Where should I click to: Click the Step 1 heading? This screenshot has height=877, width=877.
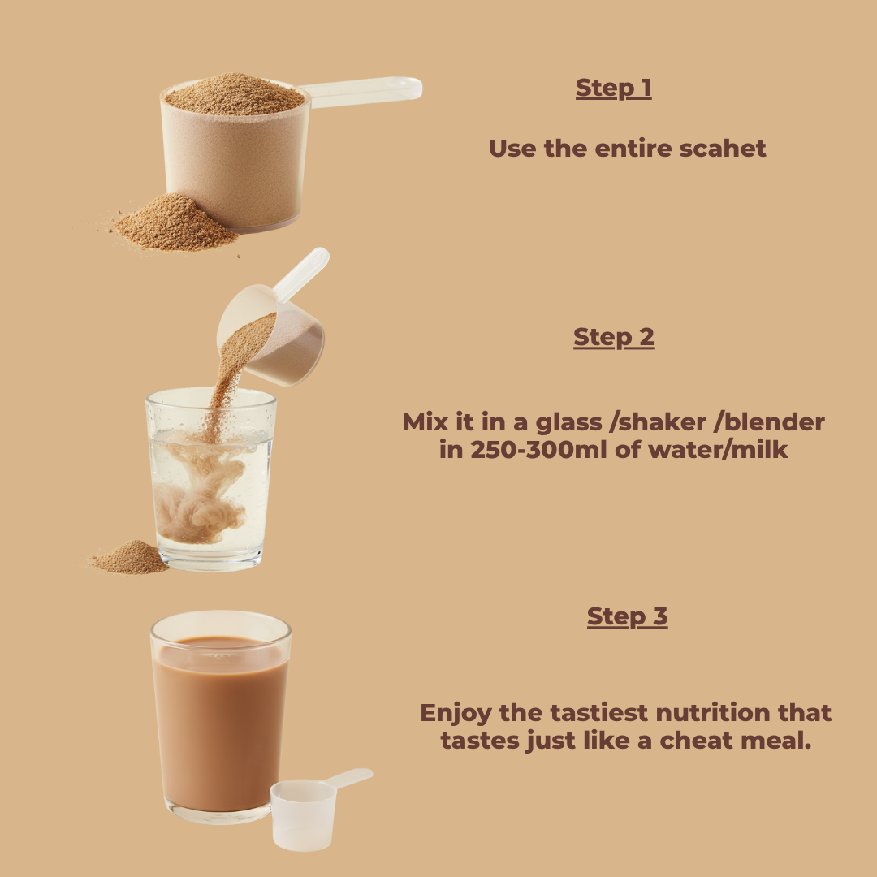(x=614, y=89)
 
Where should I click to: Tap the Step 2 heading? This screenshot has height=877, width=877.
(x=614, y=337)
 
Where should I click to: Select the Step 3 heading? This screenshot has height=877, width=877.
(x=627, y=616)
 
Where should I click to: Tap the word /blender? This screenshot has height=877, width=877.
(x=770, y=422)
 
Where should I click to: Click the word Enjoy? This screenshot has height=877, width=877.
(x=456, y=714)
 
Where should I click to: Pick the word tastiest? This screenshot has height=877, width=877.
(x=599, y=713)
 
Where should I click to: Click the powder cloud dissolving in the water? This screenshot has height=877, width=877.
(x=201, y=498)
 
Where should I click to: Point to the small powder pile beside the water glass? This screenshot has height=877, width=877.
(x=130, y=558)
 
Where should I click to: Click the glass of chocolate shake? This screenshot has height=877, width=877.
(x=220, y=717)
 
